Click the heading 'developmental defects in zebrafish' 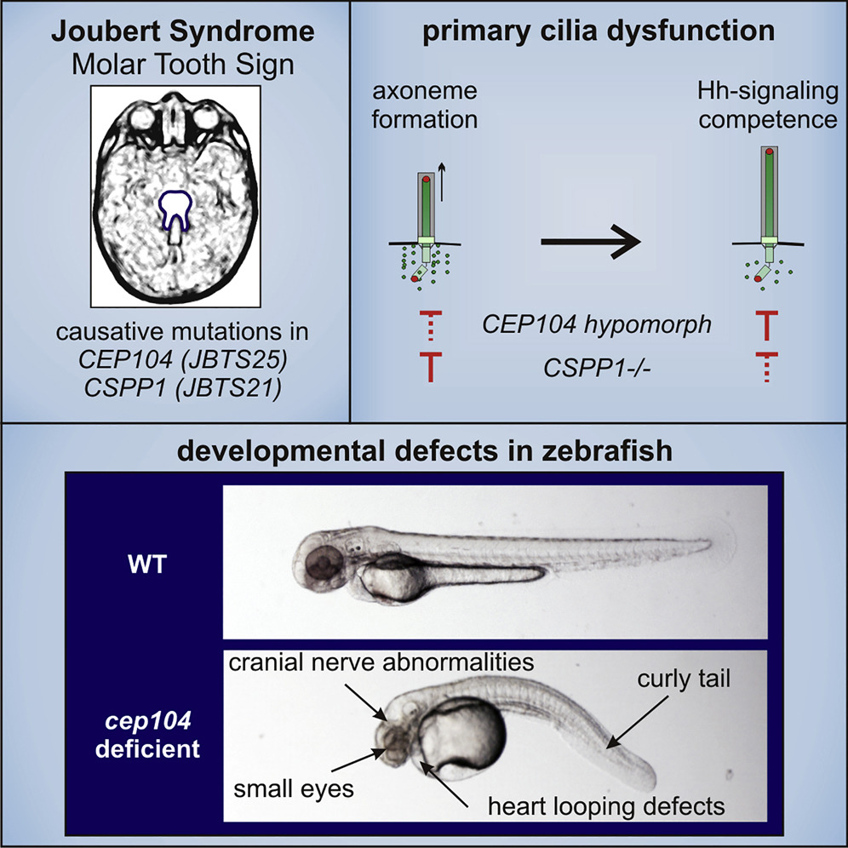tap(424, 452)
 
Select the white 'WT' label tap(140, 562)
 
